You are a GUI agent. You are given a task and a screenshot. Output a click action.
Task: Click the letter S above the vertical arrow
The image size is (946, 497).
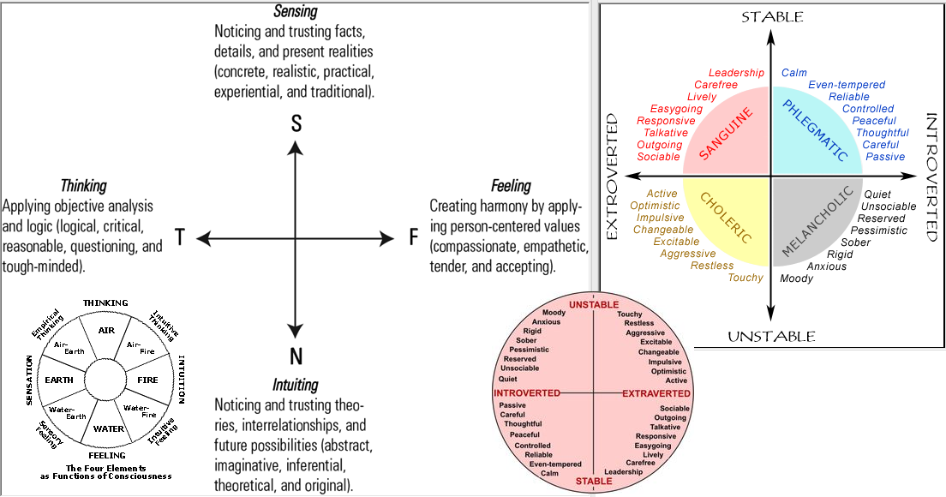[x=296, y=124]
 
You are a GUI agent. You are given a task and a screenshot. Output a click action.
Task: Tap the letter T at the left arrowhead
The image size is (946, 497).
[x=180, y=238]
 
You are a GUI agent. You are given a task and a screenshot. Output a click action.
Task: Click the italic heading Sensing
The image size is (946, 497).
[x=296, y=12]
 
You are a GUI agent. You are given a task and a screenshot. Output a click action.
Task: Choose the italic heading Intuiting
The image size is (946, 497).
[x=295, y=385]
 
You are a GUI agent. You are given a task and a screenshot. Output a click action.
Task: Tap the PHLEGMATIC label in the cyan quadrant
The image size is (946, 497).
[x=816, y=131]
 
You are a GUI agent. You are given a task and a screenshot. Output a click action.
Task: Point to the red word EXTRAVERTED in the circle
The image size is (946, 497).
[x=656, y=393]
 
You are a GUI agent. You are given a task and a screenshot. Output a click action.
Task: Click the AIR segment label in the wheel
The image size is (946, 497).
[x=106, y=330]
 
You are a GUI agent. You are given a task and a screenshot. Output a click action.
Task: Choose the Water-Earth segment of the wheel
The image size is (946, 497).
[x=69, y=411]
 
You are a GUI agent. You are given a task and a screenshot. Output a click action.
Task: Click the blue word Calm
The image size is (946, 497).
[x=794, y=74]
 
